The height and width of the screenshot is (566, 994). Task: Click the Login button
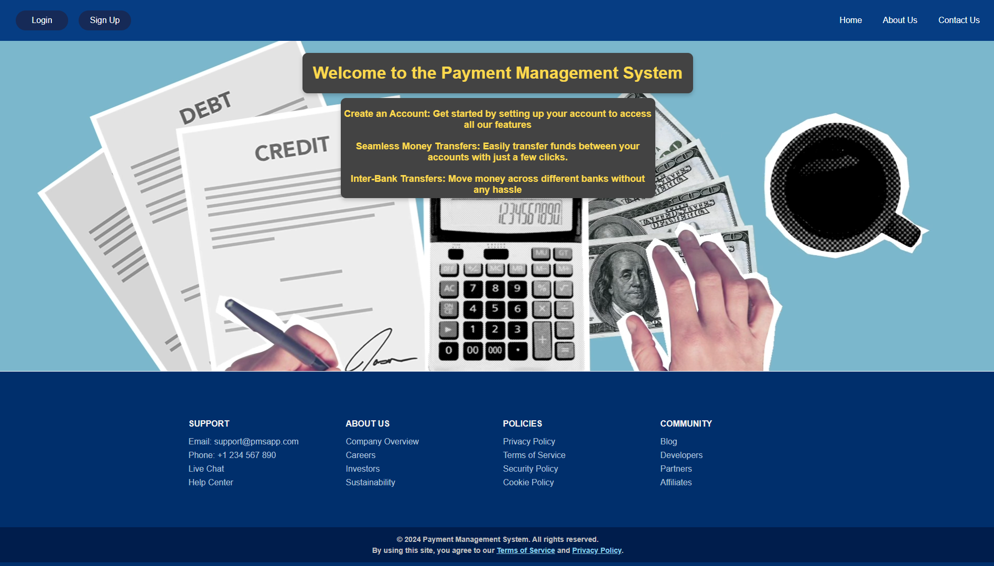(x=42, y=20)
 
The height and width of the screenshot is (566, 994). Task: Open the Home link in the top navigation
(x=850, y=20)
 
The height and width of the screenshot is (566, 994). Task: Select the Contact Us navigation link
(x=959, y=20)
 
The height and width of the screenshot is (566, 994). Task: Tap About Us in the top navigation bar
(x=900, y=20)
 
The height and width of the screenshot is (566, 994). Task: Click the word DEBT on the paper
(x=206, y=107)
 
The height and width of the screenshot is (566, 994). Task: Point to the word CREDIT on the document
(x=292, y=149)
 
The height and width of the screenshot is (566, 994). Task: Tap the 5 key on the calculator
(x=495, y=309)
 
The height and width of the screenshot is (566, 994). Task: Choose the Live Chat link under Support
(x=206, y=469)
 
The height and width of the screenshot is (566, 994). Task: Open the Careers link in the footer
(x=361, y=455)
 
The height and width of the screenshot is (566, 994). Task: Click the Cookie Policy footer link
(x=528, y=482)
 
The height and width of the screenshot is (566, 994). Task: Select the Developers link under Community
(x=681, y=455)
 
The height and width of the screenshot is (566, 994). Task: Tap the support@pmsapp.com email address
(x=256, y=441)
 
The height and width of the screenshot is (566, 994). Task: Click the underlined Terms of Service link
(x=526, y=550)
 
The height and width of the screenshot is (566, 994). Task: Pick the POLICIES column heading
(x=522, y=423)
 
